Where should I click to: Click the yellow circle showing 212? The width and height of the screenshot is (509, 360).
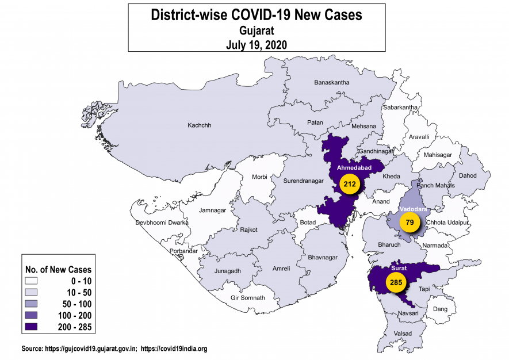349,185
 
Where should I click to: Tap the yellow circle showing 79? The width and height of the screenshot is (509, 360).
409,222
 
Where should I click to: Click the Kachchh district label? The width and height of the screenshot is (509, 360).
200,125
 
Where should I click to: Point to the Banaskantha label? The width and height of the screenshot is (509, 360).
331,83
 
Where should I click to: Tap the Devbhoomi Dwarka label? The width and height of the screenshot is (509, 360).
162,223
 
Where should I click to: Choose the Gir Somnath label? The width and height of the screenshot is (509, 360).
247,298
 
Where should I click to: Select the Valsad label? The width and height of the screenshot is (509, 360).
403,333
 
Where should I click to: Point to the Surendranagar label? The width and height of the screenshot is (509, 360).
303,181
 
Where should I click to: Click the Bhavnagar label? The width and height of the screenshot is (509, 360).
324,257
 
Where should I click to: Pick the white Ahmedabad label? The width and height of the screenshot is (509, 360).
354,167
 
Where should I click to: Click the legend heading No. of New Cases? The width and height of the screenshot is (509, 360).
58,269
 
